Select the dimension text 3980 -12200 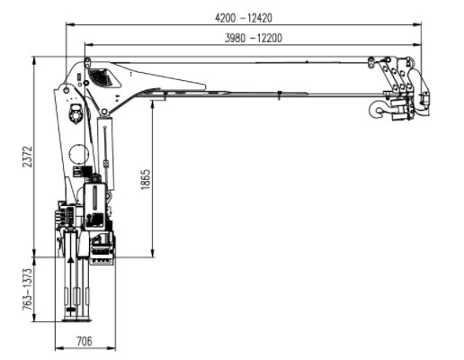254,37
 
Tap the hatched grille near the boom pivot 104,77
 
